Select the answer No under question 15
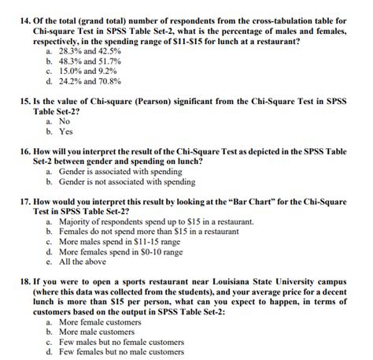[x=65, y=123]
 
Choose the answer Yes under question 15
[x=65, y=133]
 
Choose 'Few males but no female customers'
[x=121, y=343]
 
